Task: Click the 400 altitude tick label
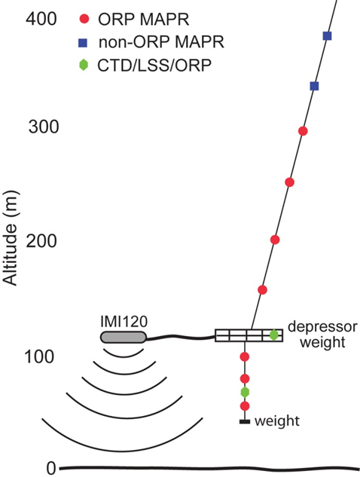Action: coord(41,19)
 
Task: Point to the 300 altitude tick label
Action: coord(44,127)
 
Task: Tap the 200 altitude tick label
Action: coord(41,241)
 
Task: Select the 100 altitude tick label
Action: coord(39,357)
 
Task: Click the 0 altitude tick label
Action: coord(51,469)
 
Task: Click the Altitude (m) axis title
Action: coord(11,238)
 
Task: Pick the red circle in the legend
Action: coord(84,19)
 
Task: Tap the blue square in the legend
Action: coord(83,42)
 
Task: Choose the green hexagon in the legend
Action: coord(84,65)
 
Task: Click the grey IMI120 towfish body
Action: coord(124,337)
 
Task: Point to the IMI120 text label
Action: coord(124,323)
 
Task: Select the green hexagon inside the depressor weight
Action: coord(274,335)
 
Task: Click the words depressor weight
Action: coord(322,335)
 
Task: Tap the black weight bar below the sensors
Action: coord(245,422)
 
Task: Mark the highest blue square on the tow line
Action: coord(327,36)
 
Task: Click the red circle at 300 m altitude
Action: coord(303,131)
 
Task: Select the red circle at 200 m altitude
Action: coord(275,240)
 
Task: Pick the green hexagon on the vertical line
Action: coord(245,393)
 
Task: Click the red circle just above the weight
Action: coord(245,406)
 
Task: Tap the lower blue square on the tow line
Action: coord(314,86)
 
